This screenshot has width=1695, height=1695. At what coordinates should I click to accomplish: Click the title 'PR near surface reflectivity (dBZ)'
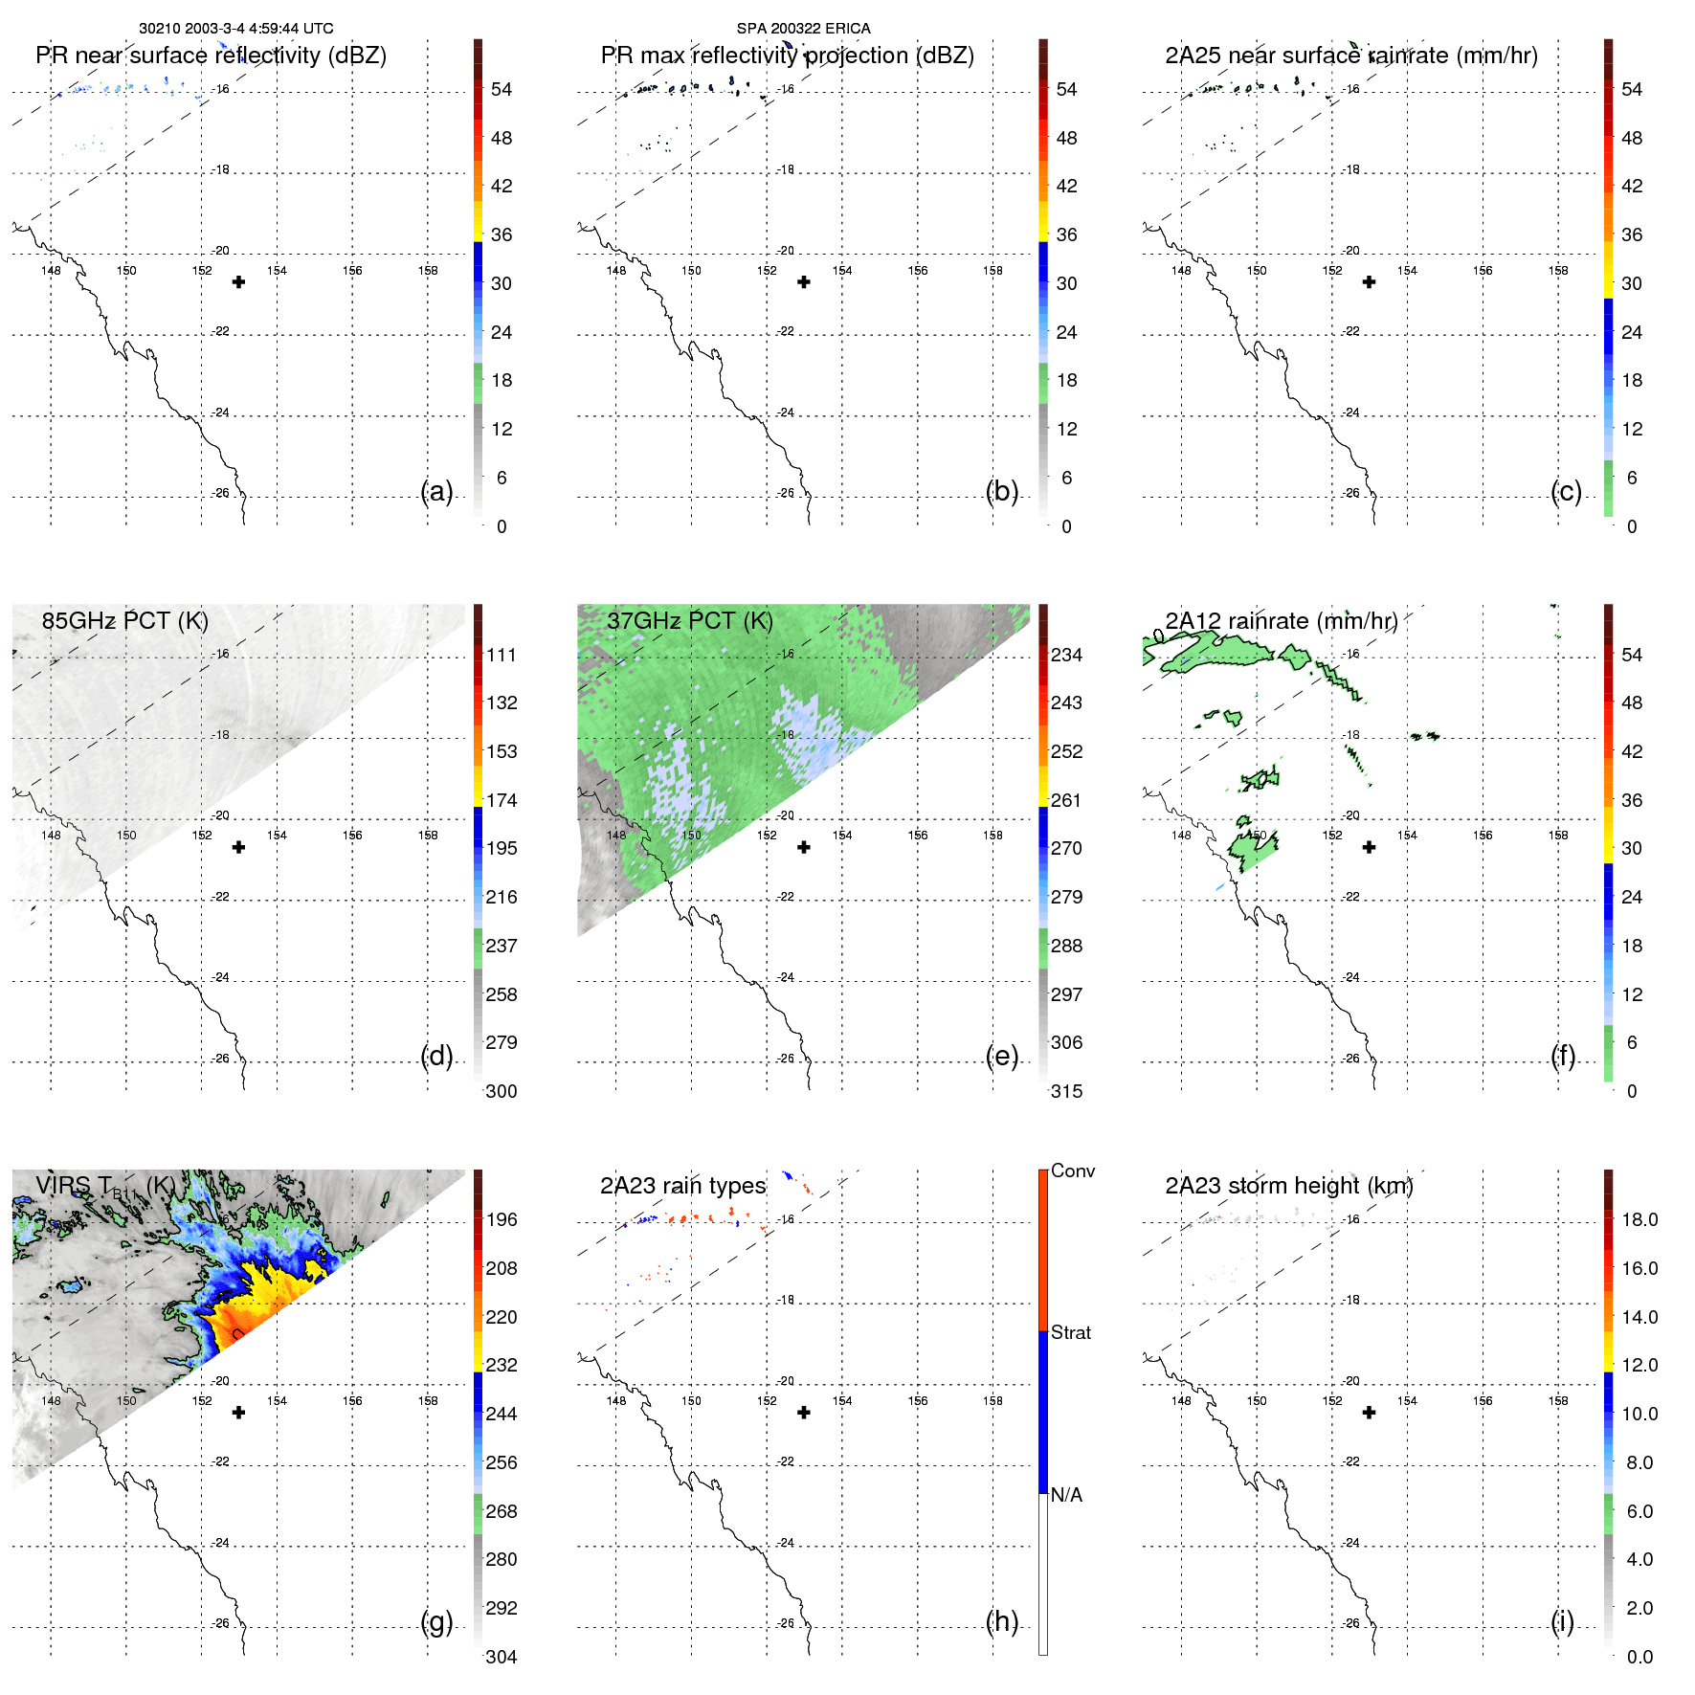click(x=211, y=56)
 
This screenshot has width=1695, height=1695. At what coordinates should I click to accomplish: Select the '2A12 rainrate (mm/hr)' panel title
click(x=1281, y=621)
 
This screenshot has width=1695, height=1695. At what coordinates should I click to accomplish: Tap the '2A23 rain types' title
click(x=682, y=1186)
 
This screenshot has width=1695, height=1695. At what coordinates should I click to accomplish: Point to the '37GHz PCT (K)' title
click(x=689, y=621)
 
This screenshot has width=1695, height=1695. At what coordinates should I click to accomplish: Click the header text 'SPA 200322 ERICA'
click(x=803, y=29)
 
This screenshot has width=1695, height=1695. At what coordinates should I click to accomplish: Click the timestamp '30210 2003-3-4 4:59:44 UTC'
click(x=236, y=29)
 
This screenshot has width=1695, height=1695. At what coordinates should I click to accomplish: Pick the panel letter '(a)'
click(x=436, y=491)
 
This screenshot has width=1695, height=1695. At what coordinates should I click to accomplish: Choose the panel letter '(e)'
click(x=1001, y=1056)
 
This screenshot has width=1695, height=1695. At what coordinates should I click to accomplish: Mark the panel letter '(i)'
click(x=1562, y=1621)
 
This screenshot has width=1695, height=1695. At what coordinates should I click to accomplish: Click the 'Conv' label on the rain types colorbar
click(x=1072, y=1171)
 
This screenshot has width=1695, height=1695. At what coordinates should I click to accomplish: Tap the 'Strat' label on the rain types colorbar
click(x=1070, y=1332)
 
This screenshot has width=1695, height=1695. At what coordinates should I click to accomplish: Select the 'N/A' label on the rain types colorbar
click(x=1066, y=1495)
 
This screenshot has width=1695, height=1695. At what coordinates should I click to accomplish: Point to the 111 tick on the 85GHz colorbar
click(x=502, y=655)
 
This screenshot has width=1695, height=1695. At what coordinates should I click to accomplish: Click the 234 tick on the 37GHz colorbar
click(x=1066, y=655)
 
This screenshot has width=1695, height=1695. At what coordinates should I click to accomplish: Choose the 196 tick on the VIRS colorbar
click(x=502, y=1219)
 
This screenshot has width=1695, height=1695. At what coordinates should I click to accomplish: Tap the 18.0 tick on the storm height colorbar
click(x=1639, y=1219)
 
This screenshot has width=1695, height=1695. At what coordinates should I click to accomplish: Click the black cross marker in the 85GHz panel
click(x=239, y=847)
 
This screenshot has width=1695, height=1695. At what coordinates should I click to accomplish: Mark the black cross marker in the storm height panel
click(x=1369, y=1412)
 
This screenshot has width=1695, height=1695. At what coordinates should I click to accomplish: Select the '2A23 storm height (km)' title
click(x=1288, y=1186)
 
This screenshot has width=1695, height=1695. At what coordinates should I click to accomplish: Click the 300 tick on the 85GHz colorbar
click(x=502, y=1091)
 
